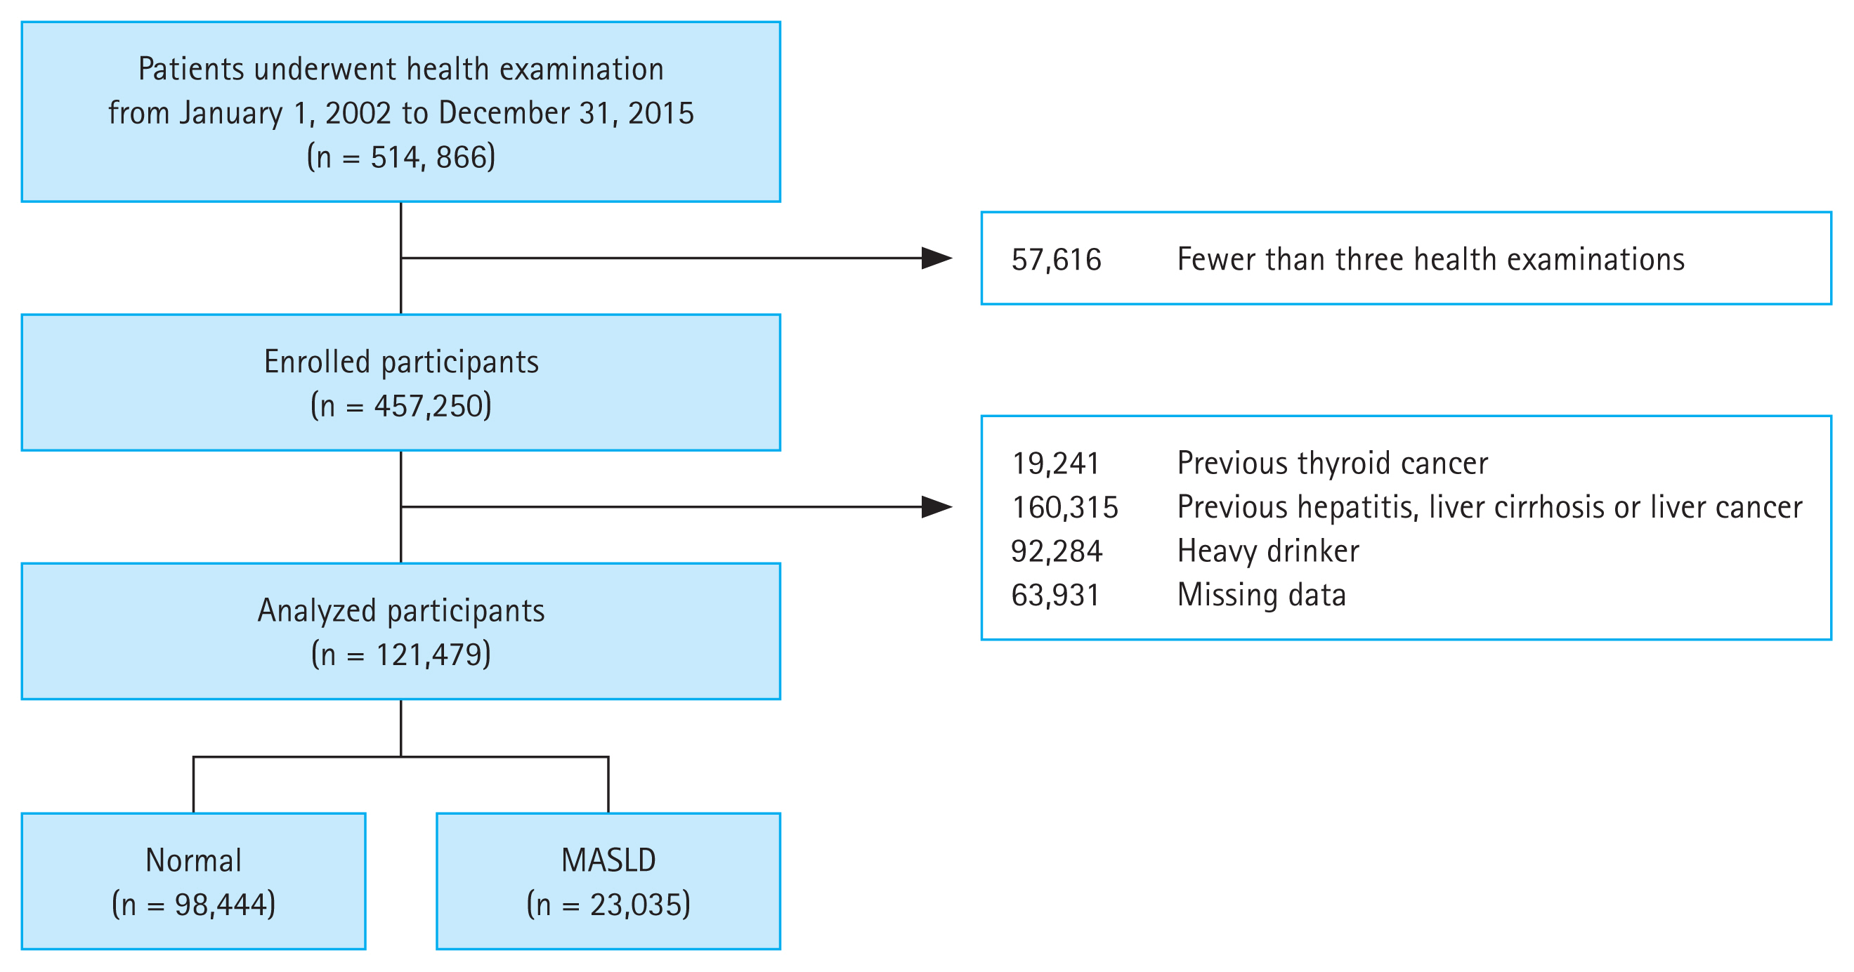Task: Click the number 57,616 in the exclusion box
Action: click(1056, 260)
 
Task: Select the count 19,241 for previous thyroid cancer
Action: click(1056, 464)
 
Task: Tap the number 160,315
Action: click(1064, 507)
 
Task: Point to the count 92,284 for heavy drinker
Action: click(1056, 551)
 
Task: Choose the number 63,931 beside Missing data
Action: click(1055, 595)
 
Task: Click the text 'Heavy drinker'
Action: click(1267, 551)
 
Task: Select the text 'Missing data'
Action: click(1261, 595)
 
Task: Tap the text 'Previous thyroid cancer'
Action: click(1332, 464)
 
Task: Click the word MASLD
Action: click(608, 860)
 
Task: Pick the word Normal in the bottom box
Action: click(194, 860)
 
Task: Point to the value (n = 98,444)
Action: click(194, 905)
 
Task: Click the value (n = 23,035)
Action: click(608, 905)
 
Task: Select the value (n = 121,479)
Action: click(401, 655)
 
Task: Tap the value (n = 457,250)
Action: click(401, 406)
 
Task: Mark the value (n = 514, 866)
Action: click(401, 157)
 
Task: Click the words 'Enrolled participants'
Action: click(401, 362)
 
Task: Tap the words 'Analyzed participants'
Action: click(401, 611)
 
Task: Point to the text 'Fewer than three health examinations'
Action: click(1430, 260)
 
